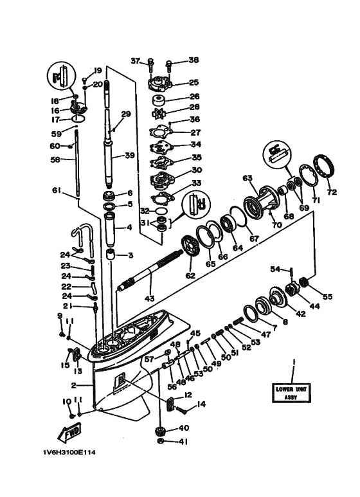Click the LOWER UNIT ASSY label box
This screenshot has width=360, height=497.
pyautogui.click(x=291, y=393)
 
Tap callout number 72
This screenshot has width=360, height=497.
pyautogui.click(x=332, y=192)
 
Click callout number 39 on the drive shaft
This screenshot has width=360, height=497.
pyautogui.click(x=130, y=156)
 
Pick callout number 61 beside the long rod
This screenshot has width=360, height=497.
pyautogui.click(x=56, y=190)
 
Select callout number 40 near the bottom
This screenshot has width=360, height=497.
pyautogui.click(x=183, y=428)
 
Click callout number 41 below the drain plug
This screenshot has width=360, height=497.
pyautogui.click(x=183, y=442)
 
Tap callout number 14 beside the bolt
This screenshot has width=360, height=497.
pyautogui.click(x=202, y=404)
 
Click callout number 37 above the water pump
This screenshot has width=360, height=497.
pyautogui.click(x=136, y=61)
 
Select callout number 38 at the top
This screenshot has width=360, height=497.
pyautogui.click(x=194, y=60)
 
